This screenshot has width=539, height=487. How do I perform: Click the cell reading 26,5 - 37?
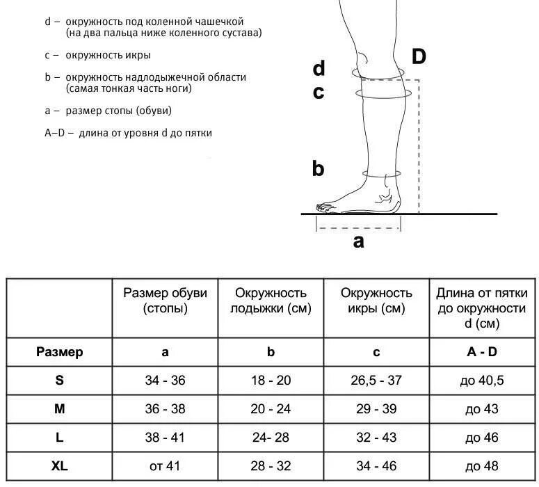[376, 381]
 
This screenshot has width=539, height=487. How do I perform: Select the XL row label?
[60, 465]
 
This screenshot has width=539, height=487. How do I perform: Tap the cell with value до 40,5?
[482, 381]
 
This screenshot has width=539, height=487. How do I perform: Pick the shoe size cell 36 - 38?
[165, 409]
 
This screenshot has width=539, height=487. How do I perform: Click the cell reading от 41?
[165, 465]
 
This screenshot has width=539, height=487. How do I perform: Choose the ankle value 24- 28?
[271, 438]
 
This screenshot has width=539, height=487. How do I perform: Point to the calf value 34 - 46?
[376, 465]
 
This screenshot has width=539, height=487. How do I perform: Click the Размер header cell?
[60, 352]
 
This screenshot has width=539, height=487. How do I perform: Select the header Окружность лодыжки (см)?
[271, 301]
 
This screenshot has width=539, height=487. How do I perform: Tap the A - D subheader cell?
[482, 352]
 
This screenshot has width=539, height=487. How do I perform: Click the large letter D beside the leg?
[418, 57]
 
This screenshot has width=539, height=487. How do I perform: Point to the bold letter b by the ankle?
[318, 168]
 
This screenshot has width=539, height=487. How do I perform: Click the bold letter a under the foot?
[358, 241]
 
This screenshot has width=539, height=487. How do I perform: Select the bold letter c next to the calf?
[319, 93]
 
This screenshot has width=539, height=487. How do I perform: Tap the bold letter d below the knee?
[319, 68]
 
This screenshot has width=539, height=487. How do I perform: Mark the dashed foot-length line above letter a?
[359, 227]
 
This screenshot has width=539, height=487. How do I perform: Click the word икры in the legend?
[139, 55]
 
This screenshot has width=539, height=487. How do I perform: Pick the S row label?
[60, 381]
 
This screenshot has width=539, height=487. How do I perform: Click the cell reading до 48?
[482, 465]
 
